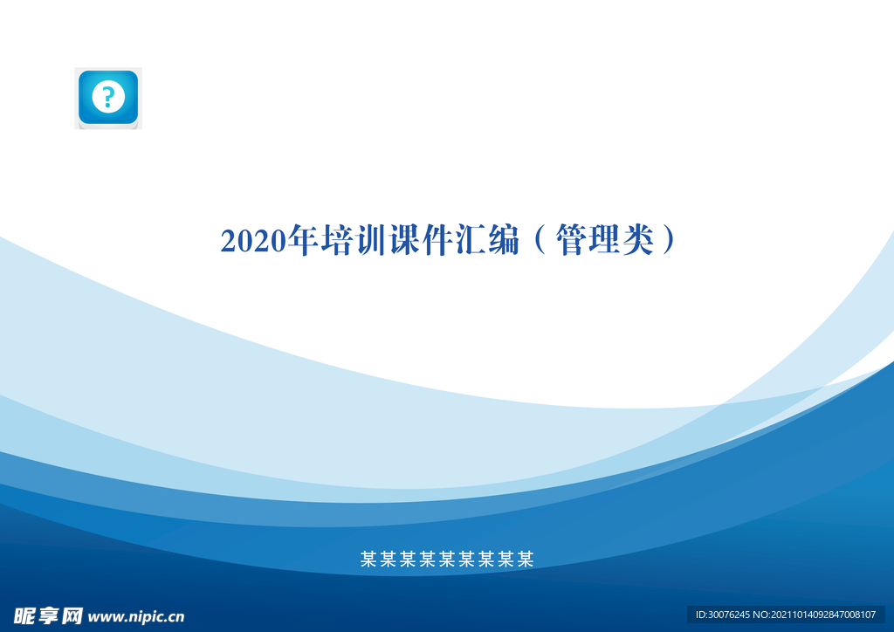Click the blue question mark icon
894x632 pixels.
pos(108,98)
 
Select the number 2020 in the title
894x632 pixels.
pos(253,240)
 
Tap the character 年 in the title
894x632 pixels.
pos(303,240)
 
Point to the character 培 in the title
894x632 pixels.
pos(337,240)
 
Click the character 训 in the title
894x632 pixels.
pos(370,240)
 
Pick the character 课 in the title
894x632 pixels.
pos(404,240)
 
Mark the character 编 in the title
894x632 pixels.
pos(504,240)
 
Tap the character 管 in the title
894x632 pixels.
pos(571,240)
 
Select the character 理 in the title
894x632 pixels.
pos(605,240)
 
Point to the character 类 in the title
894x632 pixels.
pos(638,240)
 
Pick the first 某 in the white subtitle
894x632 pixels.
pos(369,559)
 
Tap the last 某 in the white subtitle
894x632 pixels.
pos(525,559)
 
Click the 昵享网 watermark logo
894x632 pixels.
pos(49,615)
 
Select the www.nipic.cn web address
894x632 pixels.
pos(136,617)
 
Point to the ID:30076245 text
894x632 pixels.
pos(722,615)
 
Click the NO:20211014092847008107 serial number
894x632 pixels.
pos(815,615)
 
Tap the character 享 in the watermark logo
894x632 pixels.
pos(49,615)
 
